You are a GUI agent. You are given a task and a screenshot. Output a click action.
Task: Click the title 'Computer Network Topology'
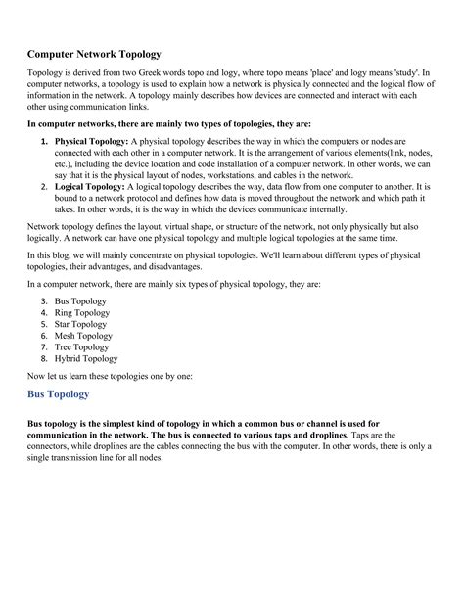[93, 54]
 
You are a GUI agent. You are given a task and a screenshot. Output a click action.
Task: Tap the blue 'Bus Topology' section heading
[58, 394]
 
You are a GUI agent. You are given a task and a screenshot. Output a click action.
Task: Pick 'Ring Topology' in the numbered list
[82, 313]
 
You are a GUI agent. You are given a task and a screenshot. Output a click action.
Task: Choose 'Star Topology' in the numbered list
[81, 324]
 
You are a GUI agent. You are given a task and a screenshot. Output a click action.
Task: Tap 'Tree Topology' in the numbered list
[81, 346]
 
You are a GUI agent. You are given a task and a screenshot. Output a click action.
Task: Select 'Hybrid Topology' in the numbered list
[86, 358]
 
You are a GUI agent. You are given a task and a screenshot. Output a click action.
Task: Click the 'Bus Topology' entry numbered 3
[81, 301]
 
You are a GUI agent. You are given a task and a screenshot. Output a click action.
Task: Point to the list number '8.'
[45, 358]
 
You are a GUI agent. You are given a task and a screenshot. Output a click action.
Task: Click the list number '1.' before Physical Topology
[45, 142]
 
